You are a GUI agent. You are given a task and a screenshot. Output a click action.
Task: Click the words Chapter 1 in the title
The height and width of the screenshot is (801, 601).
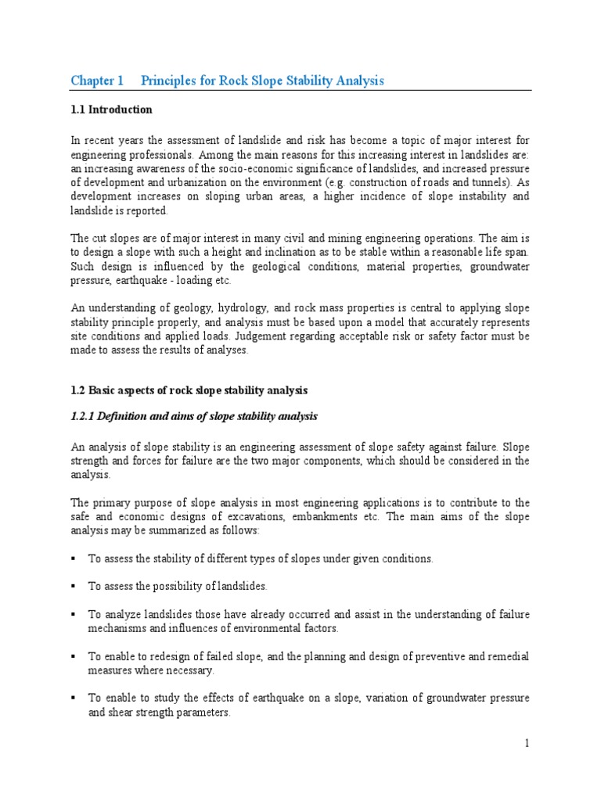tap(97, 81)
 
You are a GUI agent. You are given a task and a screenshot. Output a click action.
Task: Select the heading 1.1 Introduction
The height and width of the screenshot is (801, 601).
tap(111, 110)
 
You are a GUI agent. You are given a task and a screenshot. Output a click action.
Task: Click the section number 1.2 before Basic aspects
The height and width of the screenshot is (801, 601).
tap(79, 390)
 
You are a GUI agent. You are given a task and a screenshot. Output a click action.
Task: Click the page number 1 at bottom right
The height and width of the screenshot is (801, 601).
tap(527, 743)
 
